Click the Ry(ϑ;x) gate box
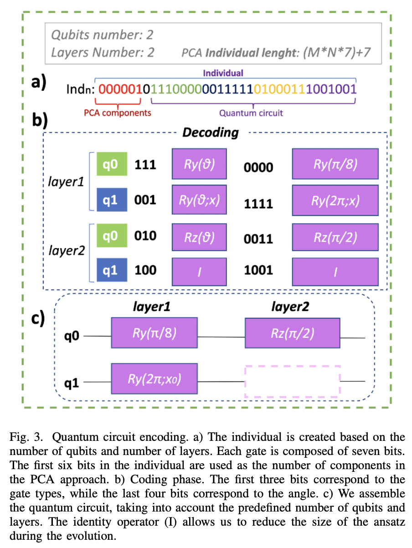[199, 200]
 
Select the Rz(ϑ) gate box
[199, 237]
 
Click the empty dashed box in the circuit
[292, 381]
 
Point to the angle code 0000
[258, 167]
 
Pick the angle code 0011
[258, 238]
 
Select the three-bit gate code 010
[145, 236]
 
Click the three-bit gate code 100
[145, 270]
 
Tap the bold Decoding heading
[210, 133]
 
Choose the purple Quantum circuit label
[251, 112]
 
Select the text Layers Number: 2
[103, 52]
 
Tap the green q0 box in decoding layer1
[111, 165]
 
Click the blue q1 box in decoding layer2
[111, 270]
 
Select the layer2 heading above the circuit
[288, 306]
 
